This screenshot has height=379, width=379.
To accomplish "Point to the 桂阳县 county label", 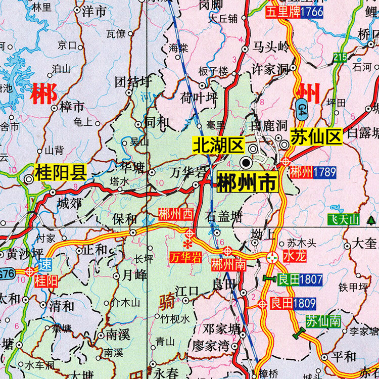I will coord(60,173).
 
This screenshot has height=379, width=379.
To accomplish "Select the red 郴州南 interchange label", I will coord(228,264).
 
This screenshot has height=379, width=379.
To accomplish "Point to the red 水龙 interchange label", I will coord(295,256).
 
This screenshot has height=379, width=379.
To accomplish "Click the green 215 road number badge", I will coord(340,57).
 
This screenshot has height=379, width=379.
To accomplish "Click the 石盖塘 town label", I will coord(224,217).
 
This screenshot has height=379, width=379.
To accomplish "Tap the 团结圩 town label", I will coord(133,81).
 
